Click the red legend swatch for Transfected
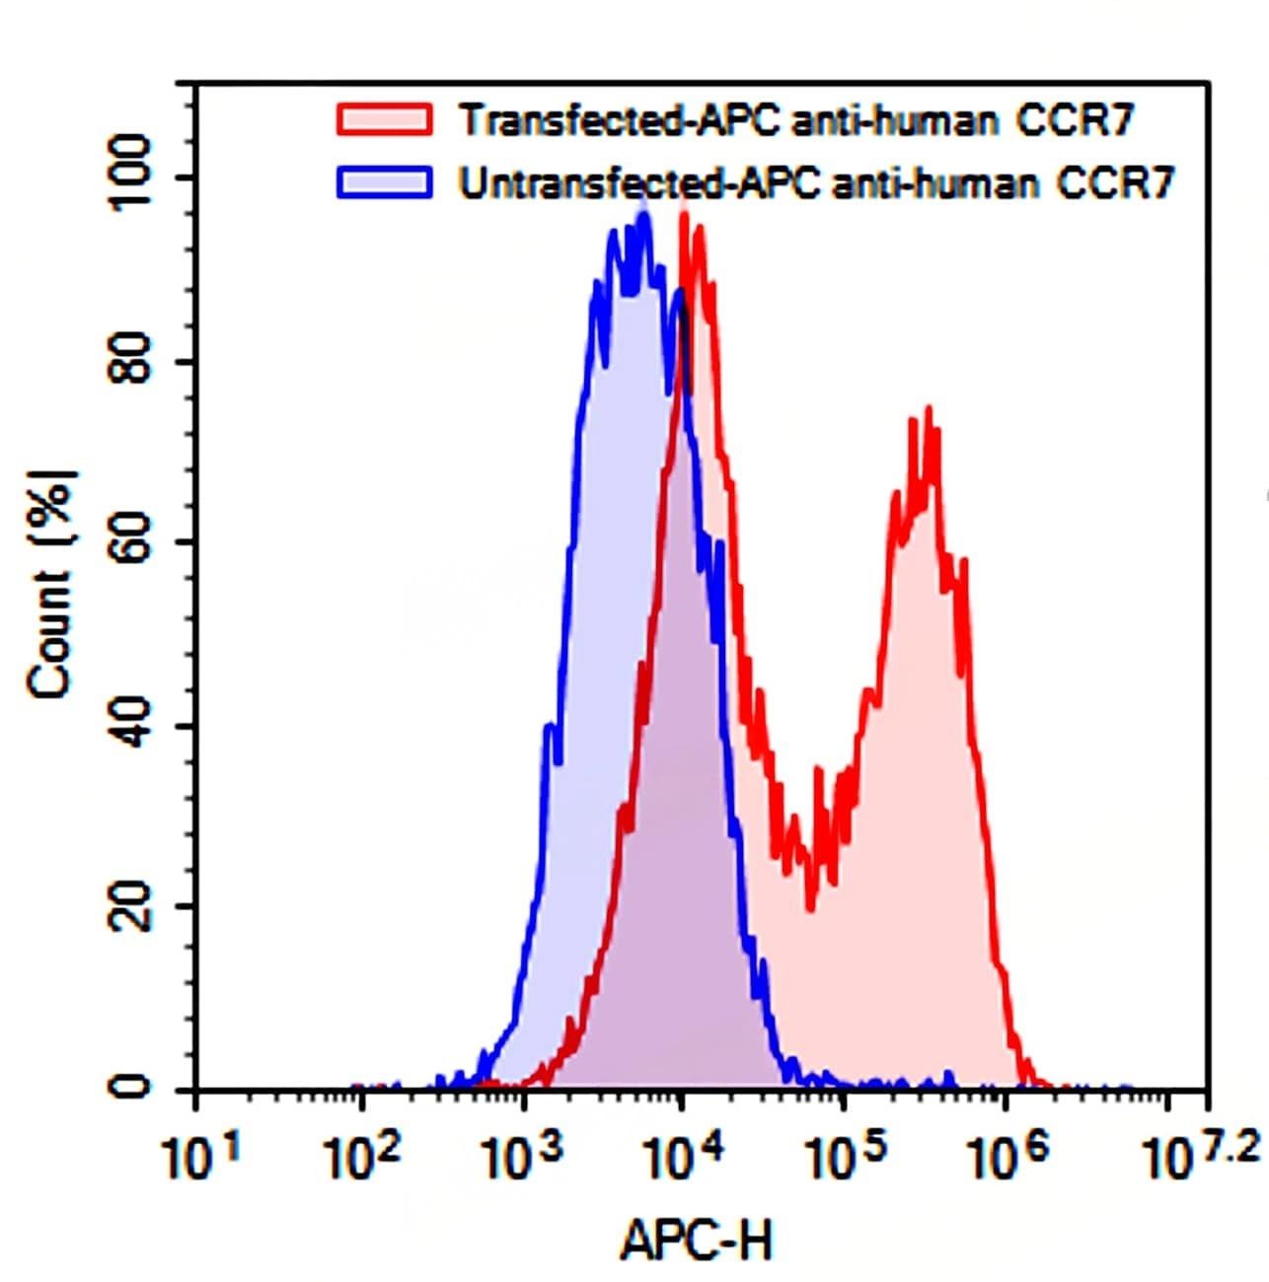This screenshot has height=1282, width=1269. click(384, 119)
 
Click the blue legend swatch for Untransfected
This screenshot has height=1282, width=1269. click(384, 182)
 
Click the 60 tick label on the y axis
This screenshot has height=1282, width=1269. click(132, 543)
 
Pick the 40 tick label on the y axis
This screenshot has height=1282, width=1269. click(132, 726)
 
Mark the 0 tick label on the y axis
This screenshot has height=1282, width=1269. click(132, 1087)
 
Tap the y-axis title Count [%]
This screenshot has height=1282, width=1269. click(51, 584)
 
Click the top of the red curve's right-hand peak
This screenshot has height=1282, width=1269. click(928, 409)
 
